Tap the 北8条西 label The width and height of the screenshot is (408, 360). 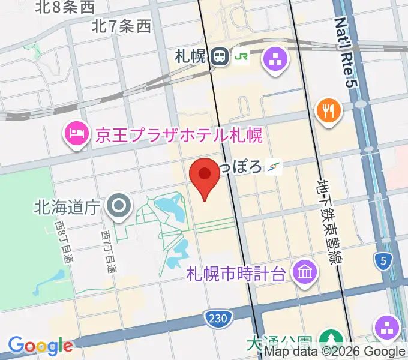click(65, 7)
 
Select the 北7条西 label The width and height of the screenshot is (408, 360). click(122, 26)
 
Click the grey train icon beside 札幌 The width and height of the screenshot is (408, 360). click(219, 57)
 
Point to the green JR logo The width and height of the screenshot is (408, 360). click(241, 57)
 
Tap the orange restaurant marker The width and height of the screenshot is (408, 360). click(328, 111)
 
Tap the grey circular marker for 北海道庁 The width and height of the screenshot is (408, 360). click(119, 206)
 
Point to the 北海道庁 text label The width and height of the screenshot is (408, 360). click(66, 207)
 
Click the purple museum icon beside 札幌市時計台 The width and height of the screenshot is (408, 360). click(305, 274)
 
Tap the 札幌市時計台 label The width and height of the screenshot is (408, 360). click(235, 275)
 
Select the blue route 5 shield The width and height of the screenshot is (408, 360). click(382, 260)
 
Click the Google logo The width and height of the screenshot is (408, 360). click(41, 345)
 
